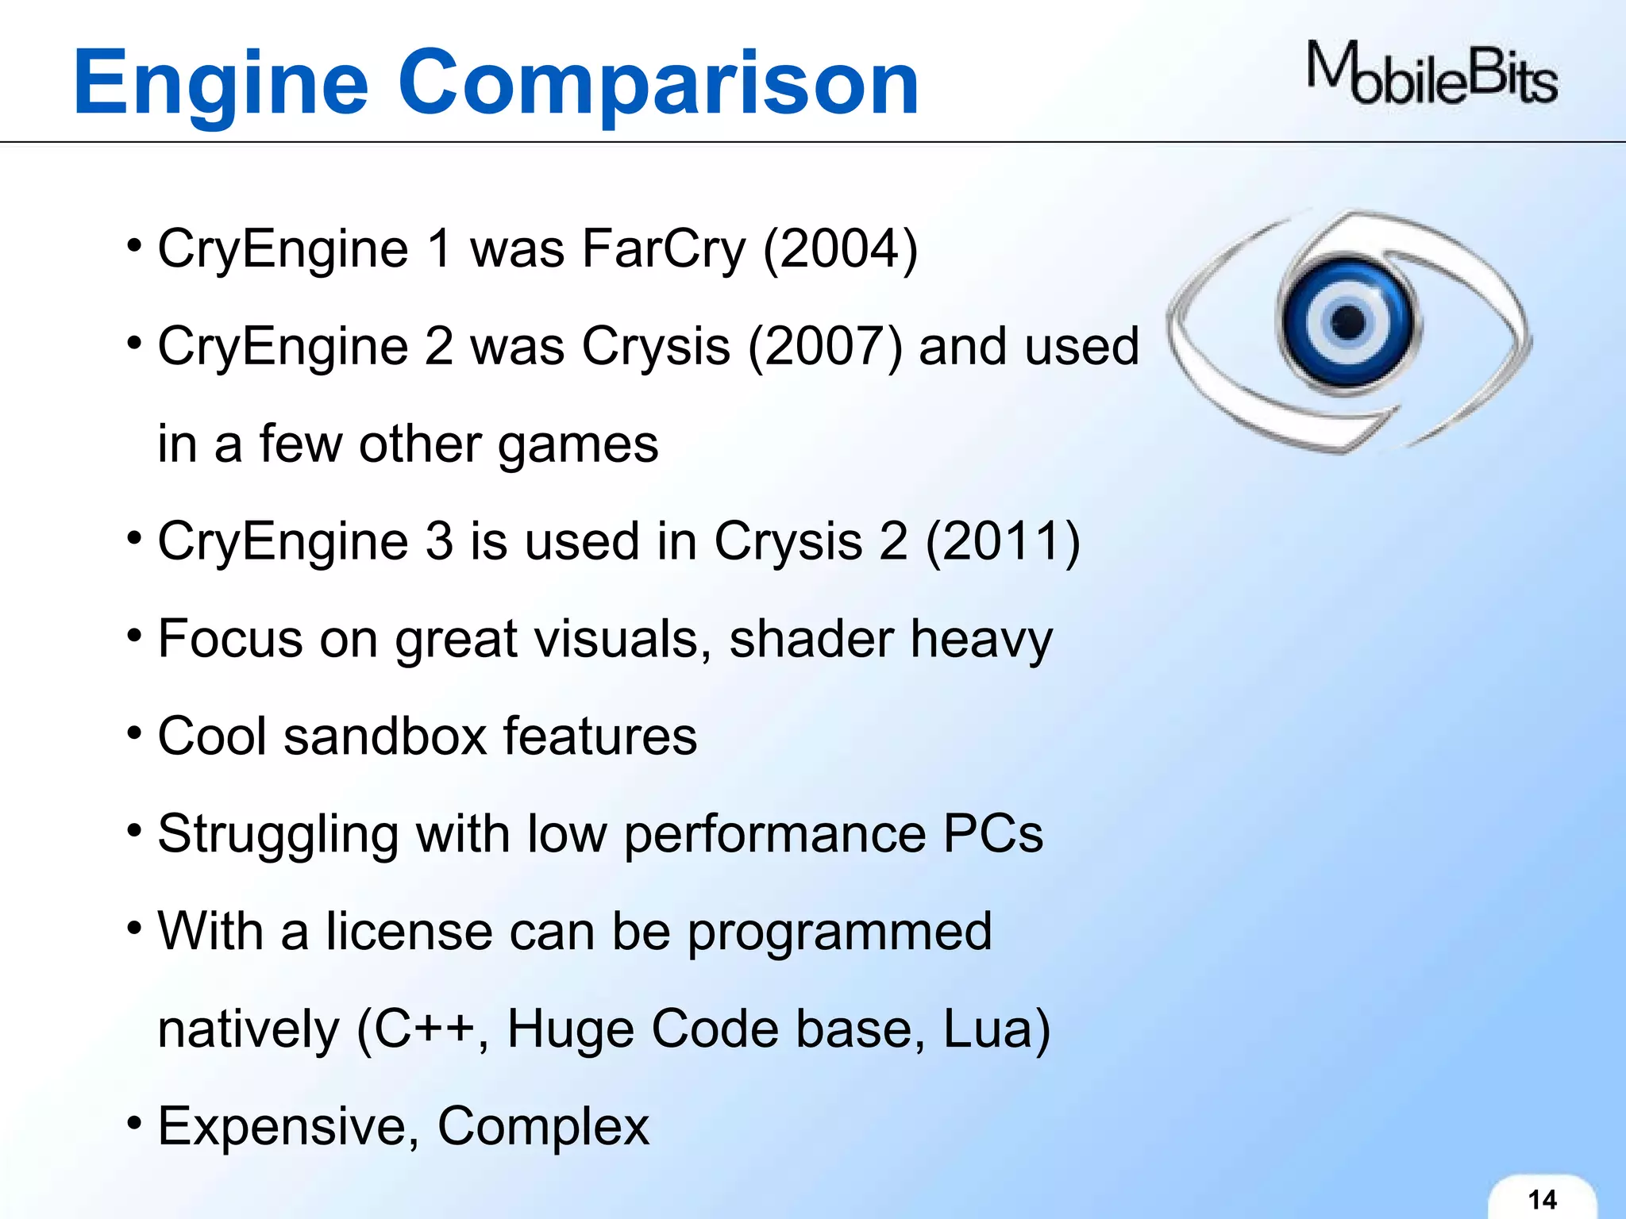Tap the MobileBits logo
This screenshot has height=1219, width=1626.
1431,75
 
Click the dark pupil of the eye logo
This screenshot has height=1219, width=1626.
1347,322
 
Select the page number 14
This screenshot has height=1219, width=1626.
1542,1199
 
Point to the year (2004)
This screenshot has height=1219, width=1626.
840,250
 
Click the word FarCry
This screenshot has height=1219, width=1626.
664,250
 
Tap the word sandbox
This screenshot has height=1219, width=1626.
385,737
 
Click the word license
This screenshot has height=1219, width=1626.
409,933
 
